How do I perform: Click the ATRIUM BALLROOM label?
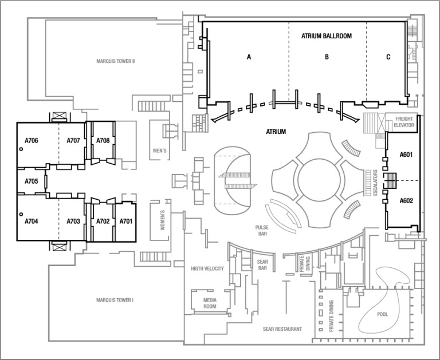[326, 35]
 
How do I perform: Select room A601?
[406, 155]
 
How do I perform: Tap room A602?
[406, 201]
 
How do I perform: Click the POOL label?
[382, 314]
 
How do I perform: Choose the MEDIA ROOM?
[205, 303]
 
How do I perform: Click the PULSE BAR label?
[262, 230]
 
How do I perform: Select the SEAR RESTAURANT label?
[282, 329]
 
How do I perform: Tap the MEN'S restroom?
[159, 151]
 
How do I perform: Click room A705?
[31, 181]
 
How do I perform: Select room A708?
[103, 141]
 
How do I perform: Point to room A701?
[126, 221]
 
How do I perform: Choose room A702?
[103, 221]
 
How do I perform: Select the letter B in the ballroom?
[327, 57]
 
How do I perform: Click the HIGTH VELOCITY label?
[207, 268]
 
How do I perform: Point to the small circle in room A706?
[21, 149]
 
